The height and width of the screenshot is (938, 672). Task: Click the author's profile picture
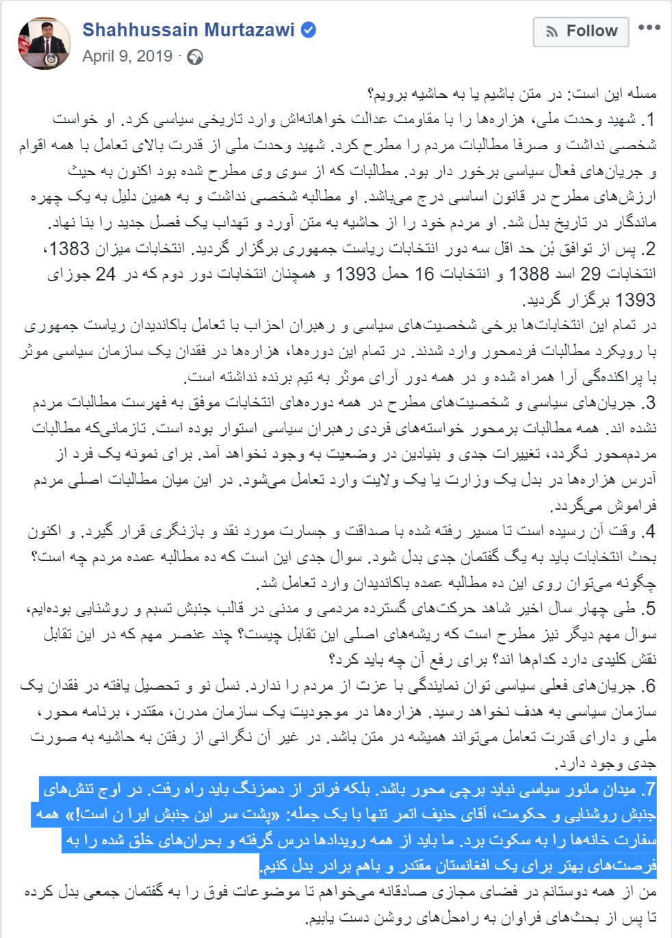44,44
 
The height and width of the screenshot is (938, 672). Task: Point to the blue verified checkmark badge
309,30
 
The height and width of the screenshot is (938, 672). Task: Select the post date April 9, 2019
127,56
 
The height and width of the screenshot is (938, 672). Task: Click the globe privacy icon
195,57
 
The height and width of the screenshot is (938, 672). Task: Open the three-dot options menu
649,28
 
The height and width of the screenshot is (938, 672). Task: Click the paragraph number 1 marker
651,120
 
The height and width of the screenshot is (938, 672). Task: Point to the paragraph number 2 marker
650,249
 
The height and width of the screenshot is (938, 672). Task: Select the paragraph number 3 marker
650,403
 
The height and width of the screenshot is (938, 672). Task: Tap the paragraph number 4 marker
650,532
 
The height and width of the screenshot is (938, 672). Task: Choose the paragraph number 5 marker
650,608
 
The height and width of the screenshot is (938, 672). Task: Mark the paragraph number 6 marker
650,686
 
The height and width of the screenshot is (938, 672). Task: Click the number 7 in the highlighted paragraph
650,790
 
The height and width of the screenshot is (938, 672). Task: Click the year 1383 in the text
70,249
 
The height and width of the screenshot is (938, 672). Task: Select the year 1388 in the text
530,274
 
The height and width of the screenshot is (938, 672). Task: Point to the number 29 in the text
591,274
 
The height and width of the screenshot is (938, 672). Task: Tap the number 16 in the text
424,274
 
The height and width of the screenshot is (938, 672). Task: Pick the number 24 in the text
105,274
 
